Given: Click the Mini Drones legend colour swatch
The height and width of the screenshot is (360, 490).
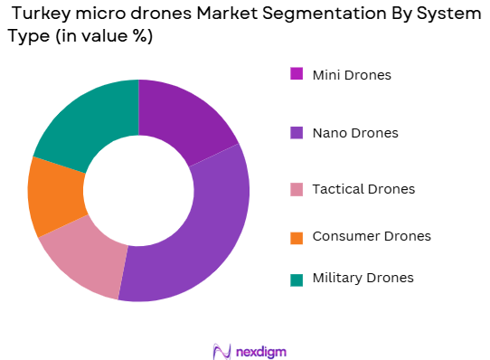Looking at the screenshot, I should tap(296, 74).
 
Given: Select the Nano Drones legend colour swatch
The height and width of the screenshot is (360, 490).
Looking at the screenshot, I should tap(296, 133).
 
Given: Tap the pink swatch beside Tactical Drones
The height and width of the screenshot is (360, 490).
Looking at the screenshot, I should tap(296, 189).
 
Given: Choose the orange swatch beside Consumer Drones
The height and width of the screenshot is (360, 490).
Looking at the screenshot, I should tap(296, 236).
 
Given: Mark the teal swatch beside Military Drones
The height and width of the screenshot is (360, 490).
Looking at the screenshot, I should tap(296, 279).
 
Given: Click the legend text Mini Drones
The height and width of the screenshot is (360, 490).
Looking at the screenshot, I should tap(352, 74).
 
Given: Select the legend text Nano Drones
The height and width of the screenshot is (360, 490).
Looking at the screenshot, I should tap(354, 133).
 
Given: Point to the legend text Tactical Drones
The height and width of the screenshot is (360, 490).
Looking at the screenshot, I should tap(363, 189).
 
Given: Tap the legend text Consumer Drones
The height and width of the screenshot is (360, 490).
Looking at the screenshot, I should tap(371, 236).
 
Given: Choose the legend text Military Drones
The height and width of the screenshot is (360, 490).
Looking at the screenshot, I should tap(363, 279).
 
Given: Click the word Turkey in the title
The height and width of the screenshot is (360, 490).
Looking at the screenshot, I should tap(37, 15).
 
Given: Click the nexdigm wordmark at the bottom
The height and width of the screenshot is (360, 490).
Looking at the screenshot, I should tap(261, 350).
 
